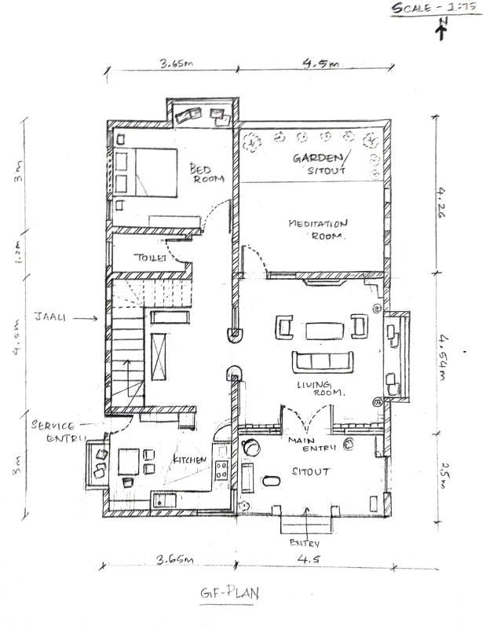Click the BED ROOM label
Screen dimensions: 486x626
207,173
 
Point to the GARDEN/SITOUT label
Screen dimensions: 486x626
323,163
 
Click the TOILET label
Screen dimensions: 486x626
149,258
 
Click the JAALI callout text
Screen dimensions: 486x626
49,317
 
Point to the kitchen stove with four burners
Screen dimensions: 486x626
221,472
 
